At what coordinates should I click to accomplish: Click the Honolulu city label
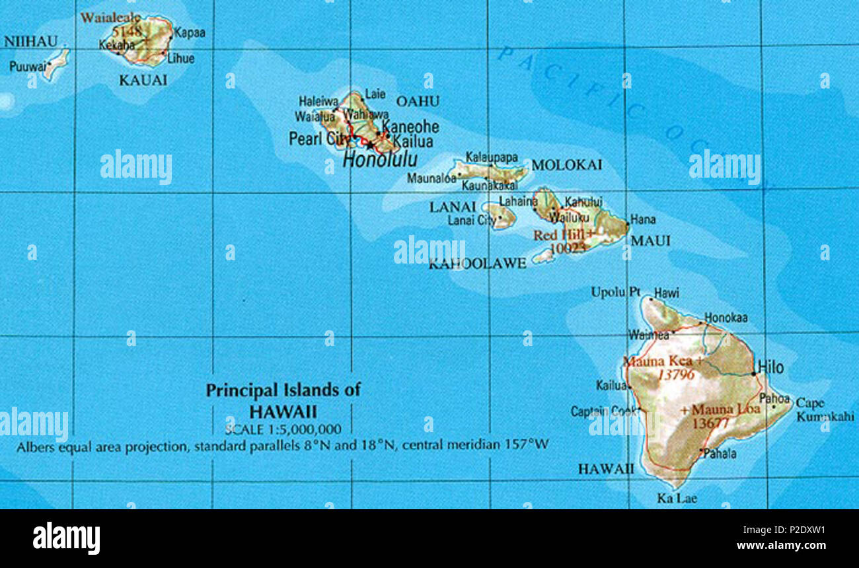(x=380, y=159)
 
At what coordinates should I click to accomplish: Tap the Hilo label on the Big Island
(x=771, y=367)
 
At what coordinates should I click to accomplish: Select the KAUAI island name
(x=143, y=80)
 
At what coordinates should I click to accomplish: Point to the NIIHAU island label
(x=30, y=42)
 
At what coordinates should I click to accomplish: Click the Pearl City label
(x=320, y=139)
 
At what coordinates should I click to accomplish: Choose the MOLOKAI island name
(x=566, y=165)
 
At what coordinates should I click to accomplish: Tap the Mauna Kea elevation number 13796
(x=676, y=375)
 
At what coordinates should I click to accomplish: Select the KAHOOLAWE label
(x=477, y=264)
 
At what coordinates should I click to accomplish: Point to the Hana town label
(x=643, y=219)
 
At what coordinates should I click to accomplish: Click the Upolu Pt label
(x=615, y=291)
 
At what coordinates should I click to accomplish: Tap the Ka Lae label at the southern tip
(x=677, y=499)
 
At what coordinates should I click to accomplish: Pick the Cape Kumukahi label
(x=824, y=409)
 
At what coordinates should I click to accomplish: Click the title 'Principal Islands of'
(x=283, y=390)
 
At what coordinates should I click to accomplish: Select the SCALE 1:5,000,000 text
(x=283, y=429)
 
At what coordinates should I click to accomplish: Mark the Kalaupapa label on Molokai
(x=492, y=158)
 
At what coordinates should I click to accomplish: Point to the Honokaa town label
(x=726, y=318)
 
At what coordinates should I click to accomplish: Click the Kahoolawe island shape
(x=543, y=256)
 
